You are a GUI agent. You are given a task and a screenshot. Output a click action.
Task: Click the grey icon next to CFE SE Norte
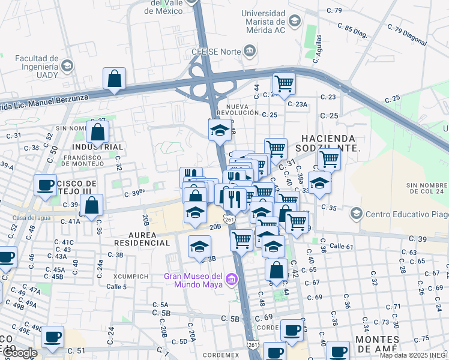(x=249, y=52)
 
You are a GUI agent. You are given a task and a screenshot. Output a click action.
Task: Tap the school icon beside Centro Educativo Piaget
(x=357, y=214)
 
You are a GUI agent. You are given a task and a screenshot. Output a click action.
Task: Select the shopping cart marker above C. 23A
(x=284, y=83)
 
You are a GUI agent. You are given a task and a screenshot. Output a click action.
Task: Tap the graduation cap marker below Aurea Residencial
(x=199, y=247)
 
